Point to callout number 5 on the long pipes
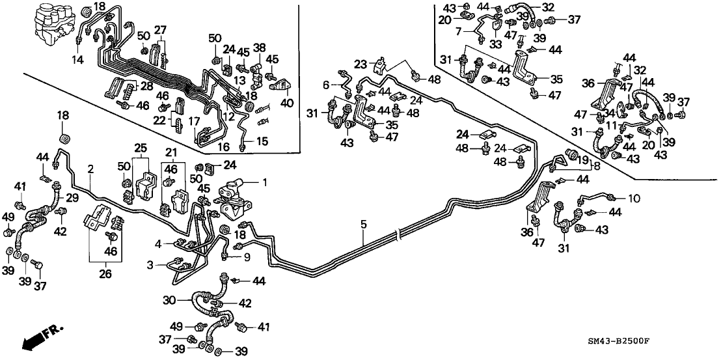click(x=364, y=225)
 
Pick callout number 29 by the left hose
click(x=71, y=197)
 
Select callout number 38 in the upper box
click(x=259, y=47)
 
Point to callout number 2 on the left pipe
click(x=92, y=169)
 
